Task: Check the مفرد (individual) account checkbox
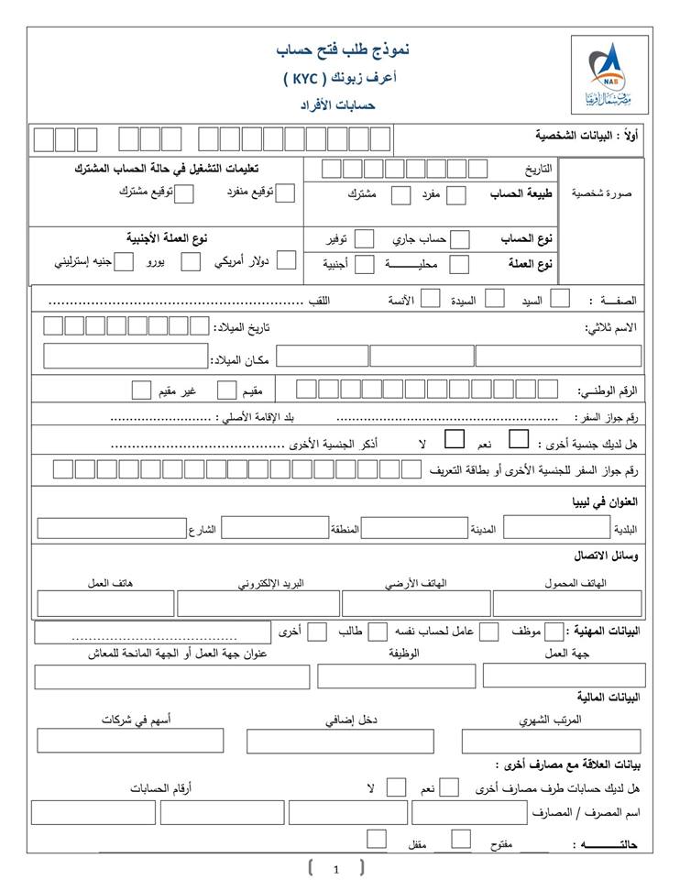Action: coord(455,194)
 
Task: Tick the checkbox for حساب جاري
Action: coord(461,239)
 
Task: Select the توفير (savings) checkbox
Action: coord(364,239)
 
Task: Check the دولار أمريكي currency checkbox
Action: coord(286,260)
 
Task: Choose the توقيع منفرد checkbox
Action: coord(286,192)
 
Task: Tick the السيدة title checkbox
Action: coord(494,298)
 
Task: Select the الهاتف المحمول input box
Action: coord(567,603)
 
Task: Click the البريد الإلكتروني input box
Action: coord(258,603)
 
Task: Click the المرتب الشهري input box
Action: coord(550,741)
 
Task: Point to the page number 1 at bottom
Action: coord(336,869)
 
